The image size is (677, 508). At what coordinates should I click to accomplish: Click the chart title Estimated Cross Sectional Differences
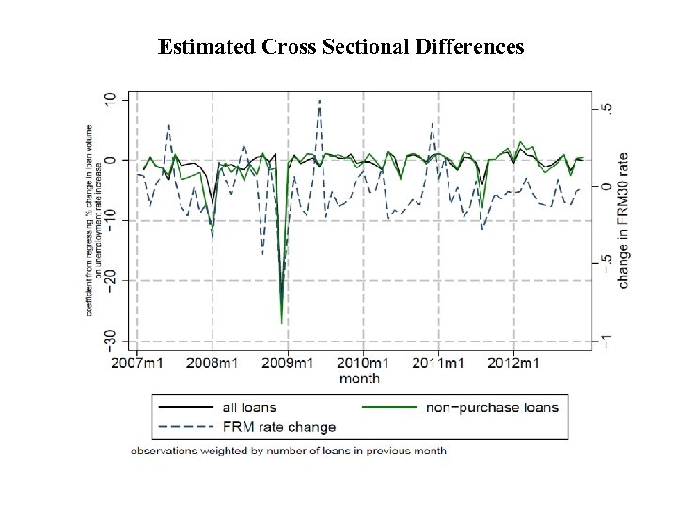(x=341, y=46)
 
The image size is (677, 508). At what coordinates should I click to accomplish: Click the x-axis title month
(x=360, y=378)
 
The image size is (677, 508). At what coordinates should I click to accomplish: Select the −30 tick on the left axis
(x=111, y=338)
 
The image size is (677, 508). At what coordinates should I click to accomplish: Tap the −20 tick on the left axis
(x=111, y=279)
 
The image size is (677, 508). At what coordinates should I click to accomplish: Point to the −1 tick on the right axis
(x=606, y=340)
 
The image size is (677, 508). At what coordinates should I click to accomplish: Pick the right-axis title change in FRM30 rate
(x=623, y=220)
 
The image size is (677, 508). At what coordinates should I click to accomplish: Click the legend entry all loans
(x=248, y=407)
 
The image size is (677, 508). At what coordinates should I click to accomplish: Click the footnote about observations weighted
(x=289, y=451)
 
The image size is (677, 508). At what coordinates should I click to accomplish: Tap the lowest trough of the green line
(x=281, y=323)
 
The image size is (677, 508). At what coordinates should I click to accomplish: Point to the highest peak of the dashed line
(x=319, y=100)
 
